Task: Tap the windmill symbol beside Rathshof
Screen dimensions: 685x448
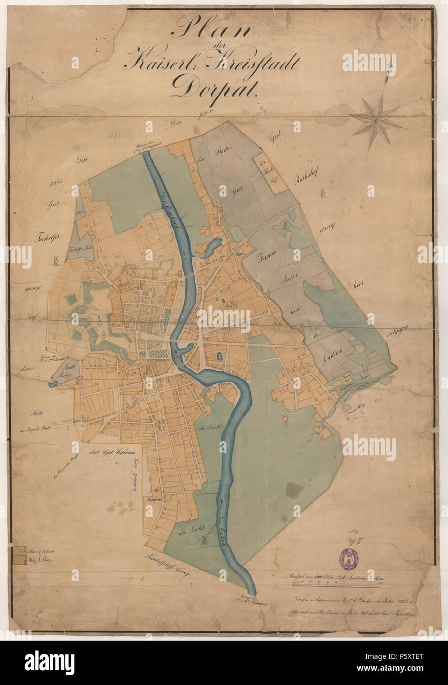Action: click(323, 192)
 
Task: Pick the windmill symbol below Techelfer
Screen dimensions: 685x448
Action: click(56, 259)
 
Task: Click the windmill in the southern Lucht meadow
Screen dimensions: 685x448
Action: click(202, 541)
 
